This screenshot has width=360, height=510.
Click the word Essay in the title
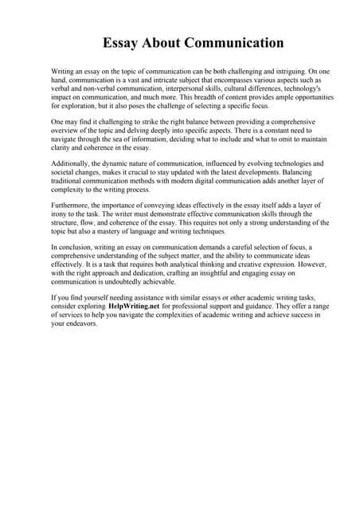coord(121,42)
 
